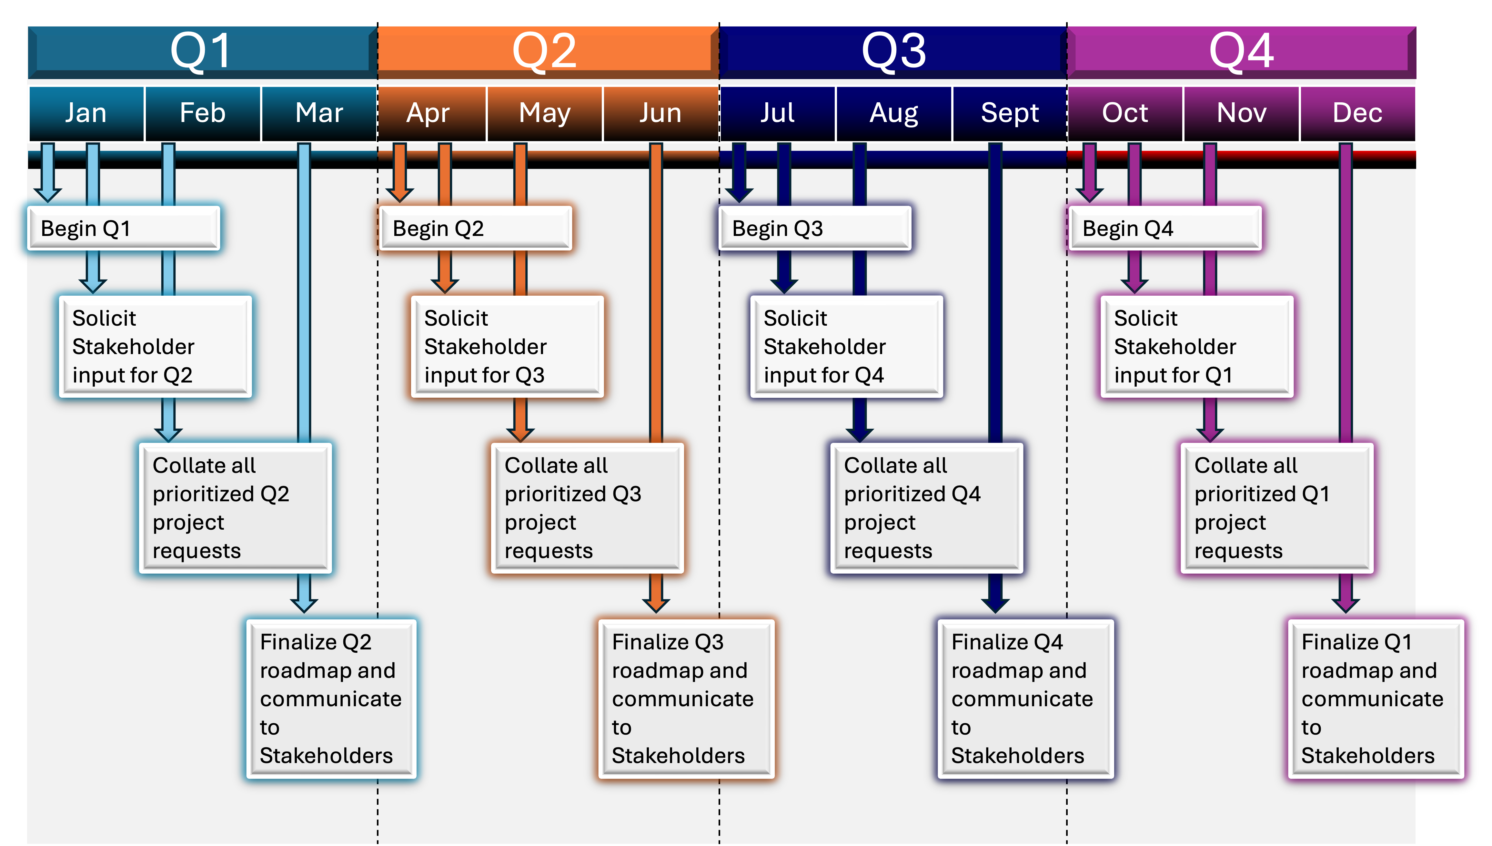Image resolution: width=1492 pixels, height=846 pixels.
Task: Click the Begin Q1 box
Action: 124,228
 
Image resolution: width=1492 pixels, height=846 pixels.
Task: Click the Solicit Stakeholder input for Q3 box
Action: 507,346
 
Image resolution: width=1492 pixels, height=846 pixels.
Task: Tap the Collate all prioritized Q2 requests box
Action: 235,508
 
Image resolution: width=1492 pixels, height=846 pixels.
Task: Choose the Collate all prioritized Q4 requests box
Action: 926,508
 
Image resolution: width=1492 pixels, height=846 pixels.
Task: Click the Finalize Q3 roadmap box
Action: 686,698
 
